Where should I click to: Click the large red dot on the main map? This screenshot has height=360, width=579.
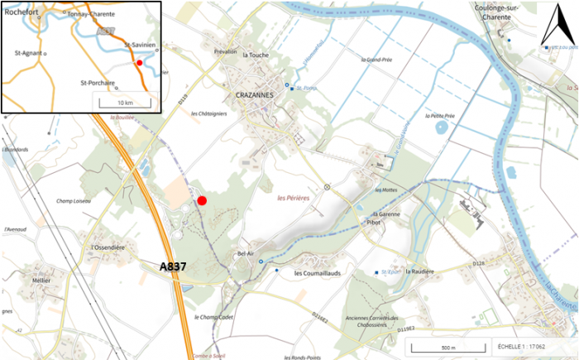[202, 200]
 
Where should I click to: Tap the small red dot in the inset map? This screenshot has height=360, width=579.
[140, 63]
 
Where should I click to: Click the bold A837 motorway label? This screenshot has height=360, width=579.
[177, 266]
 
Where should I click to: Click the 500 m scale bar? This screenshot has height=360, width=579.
[446, 347]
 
